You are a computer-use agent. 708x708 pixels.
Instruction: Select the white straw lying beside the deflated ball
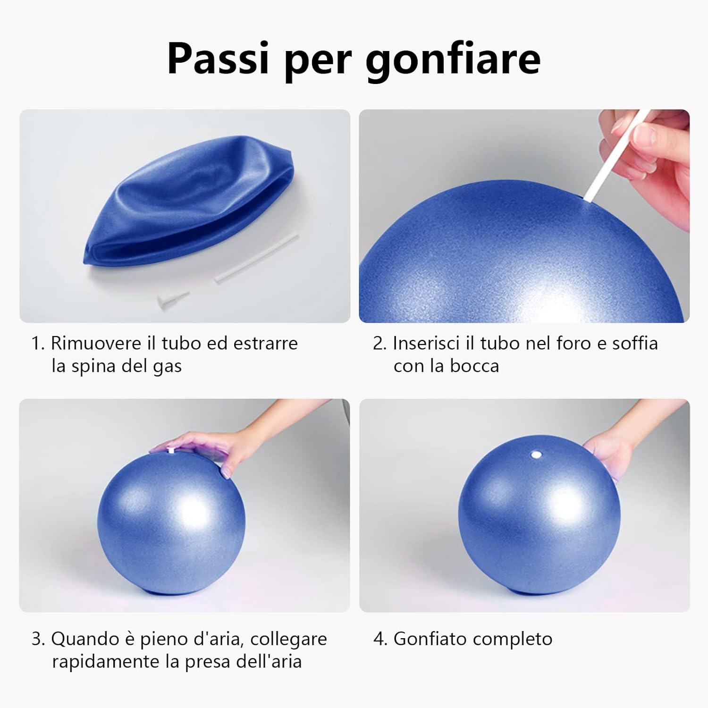257,258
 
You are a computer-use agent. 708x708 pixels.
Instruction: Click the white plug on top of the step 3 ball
171,451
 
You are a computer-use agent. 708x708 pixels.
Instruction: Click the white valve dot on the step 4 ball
535,455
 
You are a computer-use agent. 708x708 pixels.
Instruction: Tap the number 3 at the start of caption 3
37,639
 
